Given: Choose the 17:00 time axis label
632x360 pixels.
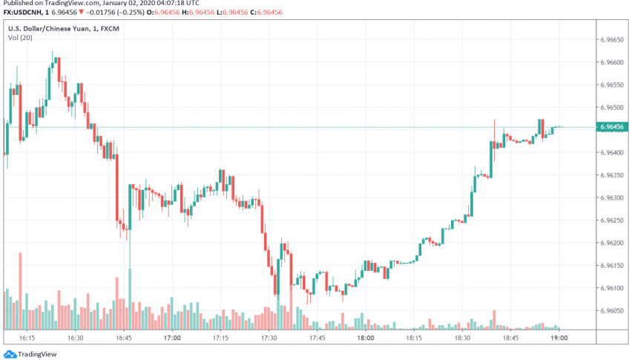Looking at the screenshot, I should click(x=171, y=337).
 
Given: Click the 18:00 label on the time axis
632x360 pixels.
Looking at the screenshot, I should click(x=365, y=337).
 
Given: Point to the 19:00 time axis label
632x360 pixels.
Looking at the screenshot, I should click(x=559, y=337).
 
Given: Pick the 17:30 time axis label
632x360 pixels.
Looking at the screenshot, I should click(x=269, y=337).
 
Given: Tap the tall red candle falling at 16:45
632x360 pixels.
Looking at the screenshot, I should click(x=118, y=189).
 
